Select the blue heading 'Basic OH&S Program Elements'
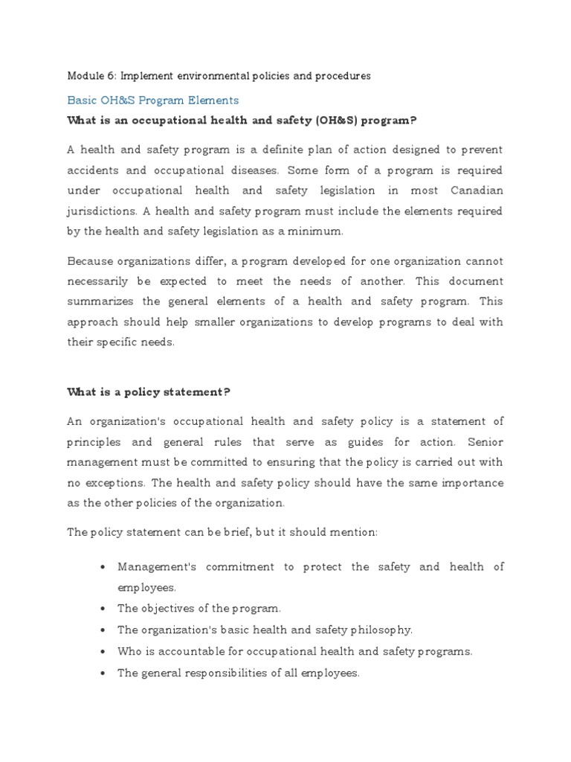(152, 100)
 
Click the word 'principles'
(95, 441)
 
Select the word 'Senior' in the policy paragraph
(485, 441)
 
